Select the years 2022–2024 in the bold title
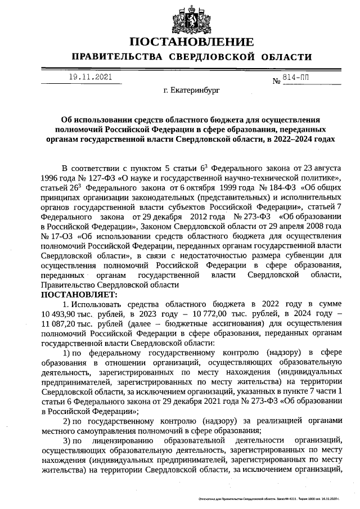click(x=303, y=138)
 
